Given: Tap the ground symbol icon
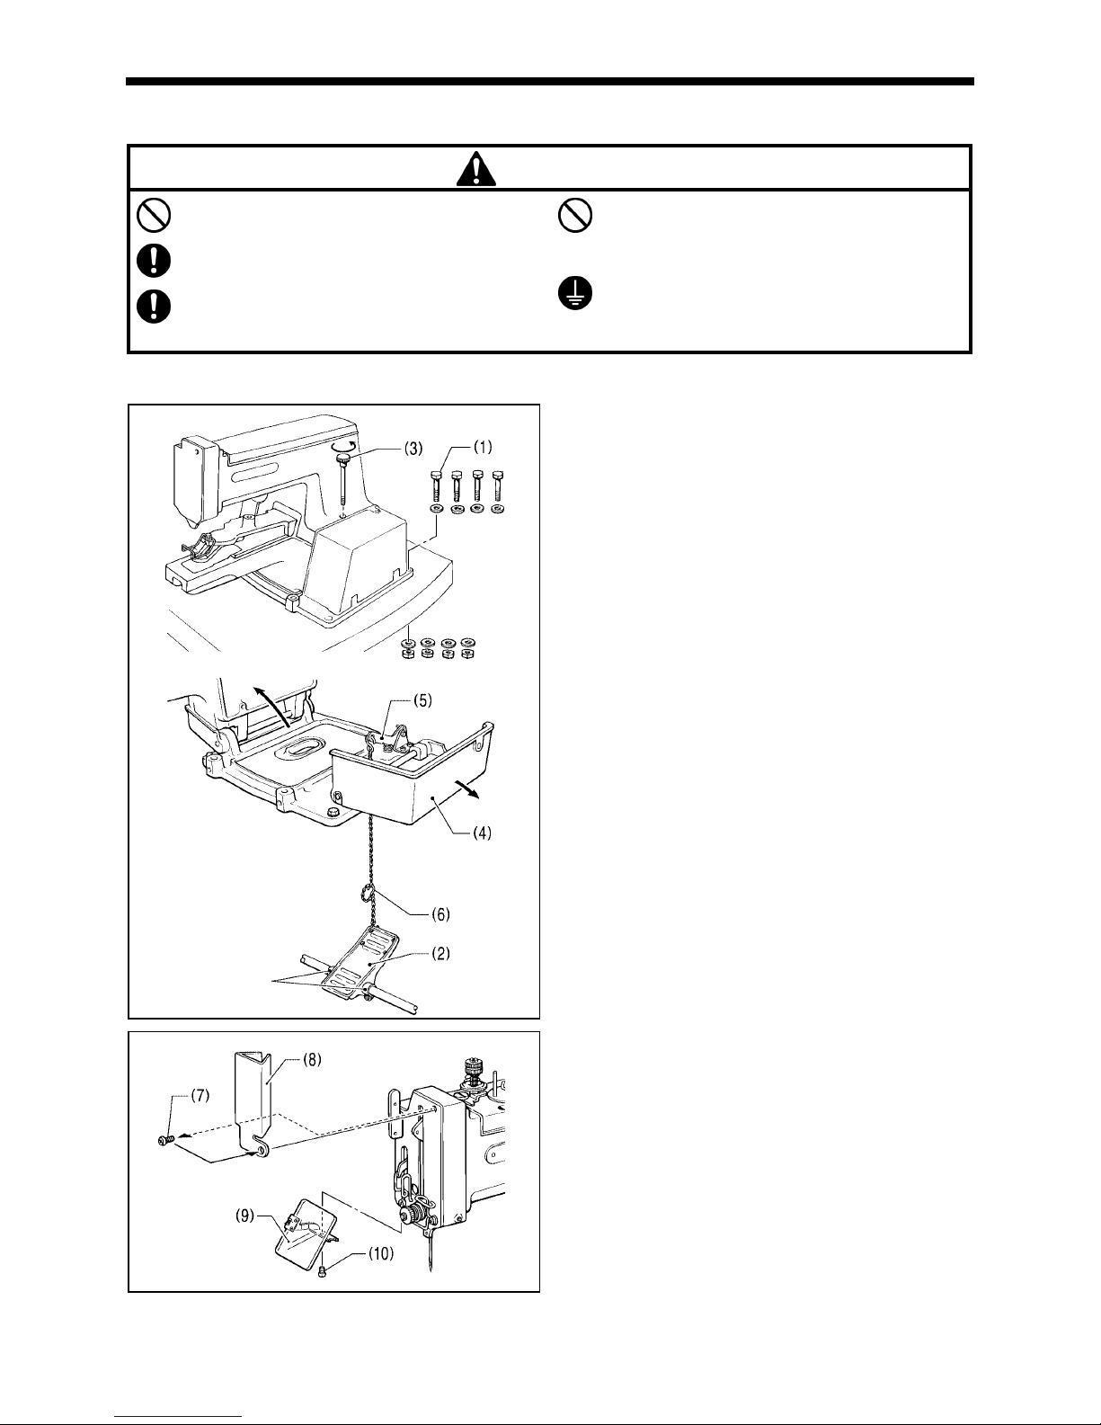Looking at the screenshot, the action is (574, 293).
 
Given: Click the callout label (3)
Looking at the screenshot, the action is (413, 449).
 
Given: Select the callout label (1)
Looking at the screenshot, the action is (483, 447).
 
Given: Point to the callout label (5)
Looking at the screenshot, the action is (422, 700).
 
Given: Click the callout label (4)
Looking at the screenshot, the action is (482, 833).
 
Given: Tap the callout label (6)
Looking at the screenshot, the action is (440, 914).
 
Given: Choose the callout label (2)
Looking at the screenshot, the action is (440, 954).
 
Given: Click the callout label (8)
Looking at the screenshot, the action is (312, 1060).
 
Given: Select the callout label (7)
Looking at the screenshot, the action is (200, 1095).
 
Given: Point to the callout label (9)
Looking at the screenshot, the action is (245, 1216).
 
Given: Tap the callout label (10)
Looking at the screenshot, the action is (380, 1254).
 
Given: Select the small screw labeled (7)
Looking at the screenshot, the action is (164, 1141).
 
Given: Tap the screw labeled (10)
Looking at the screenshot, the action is (323, 1272).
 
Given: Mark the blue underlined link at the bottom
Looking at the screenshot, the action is (178, 1416).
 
